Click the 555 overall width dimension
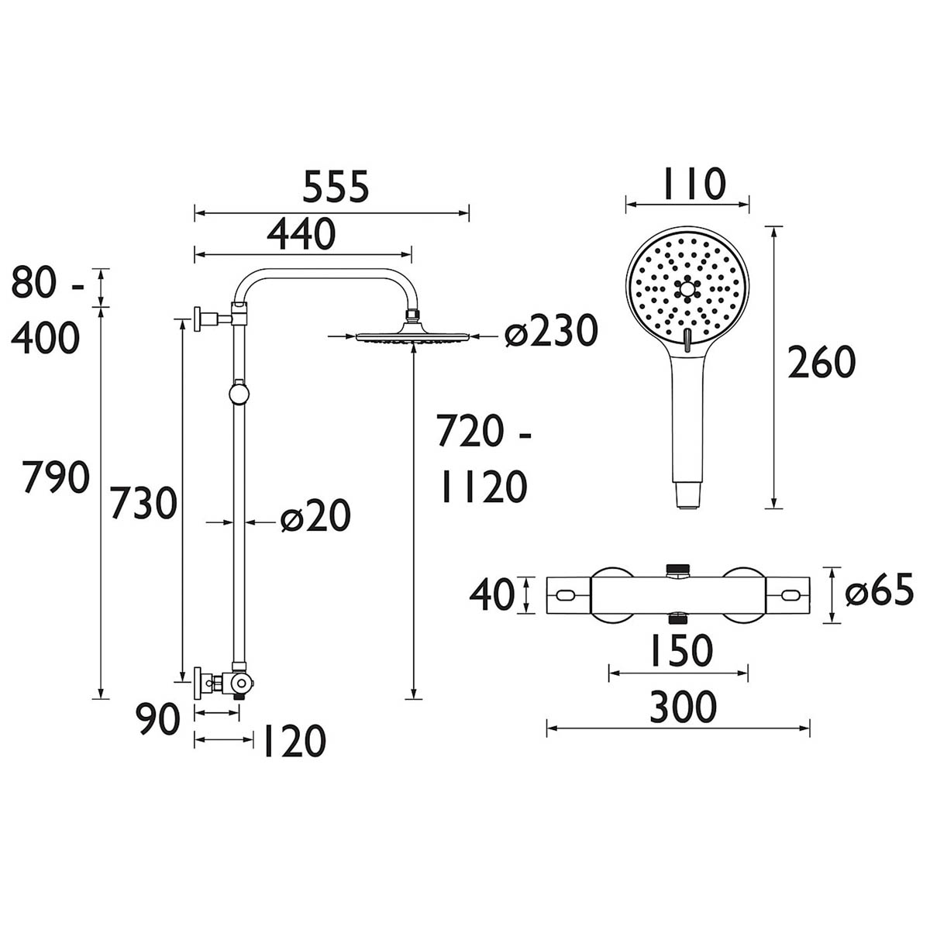pyautogui.click(x=335, y=188)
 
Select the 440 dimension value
pyautogui.click(x=301, y=233)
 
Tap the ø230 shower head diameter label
pyautogui.click(x=551, y=332)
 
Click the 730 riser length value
pyautogui.click(x=143, y=505)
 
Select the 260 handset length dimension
pyautogui.click(x=821, y=363)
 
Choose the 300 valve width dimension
pyautogui.click(x=679, y=707)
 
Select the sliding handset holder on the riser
pyautogui.click(x=239, y=393)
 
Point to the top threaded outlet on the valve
pyautogui.click(x=679, y=571)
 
